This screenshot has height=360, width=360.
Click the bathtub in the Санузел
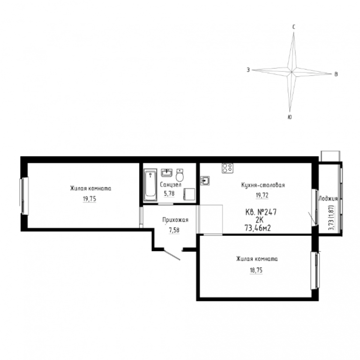click(x=150, y=185)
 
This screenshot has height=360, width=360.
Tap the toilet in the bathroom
click(x=180, y=175)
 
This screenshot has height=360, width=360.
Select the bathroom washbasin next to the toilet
click(x=166, y=172)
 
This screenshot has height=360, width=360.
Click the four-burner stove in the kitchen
click(x=227, y=168)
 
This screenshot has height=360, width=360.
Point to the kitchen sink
click(x=204, y=180)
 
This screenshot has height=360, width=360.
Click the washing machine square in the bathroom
click(x=189, y=194)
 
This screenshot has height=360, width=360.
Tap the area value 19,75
click(x=90, y=199)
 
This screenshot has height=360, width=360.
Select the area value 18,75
click(x=256, y=270)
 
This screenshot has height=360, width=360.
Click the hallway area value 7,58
click(x=174, y=230)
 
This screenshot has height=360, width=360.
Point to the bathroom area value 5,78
click(x=169, y=194)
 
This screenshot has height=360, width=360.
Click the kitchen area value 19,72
click(x=262, y=195)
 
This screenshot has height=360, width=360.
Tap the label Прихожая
click(x=175, y=220)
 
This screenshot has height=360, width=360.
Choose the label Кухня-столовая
click(x=263, y=185)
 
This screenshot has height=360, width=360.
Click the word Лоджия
click(x=328, y=199)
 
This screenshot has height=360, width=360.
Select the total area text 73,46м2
click(x=258, y=228)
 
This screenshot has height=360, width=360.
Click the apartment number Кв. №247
click(x=261, y=212)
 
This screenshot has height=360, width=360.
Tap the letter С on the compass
click(x=293, y=27)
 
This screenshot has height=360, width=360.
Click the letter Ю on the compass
click(x=290, y=117)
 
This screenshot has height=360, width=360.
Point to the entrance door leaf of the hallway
click(x=172, y=255)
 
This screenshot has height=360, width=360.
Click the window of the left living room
click(x=24, y=196)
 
